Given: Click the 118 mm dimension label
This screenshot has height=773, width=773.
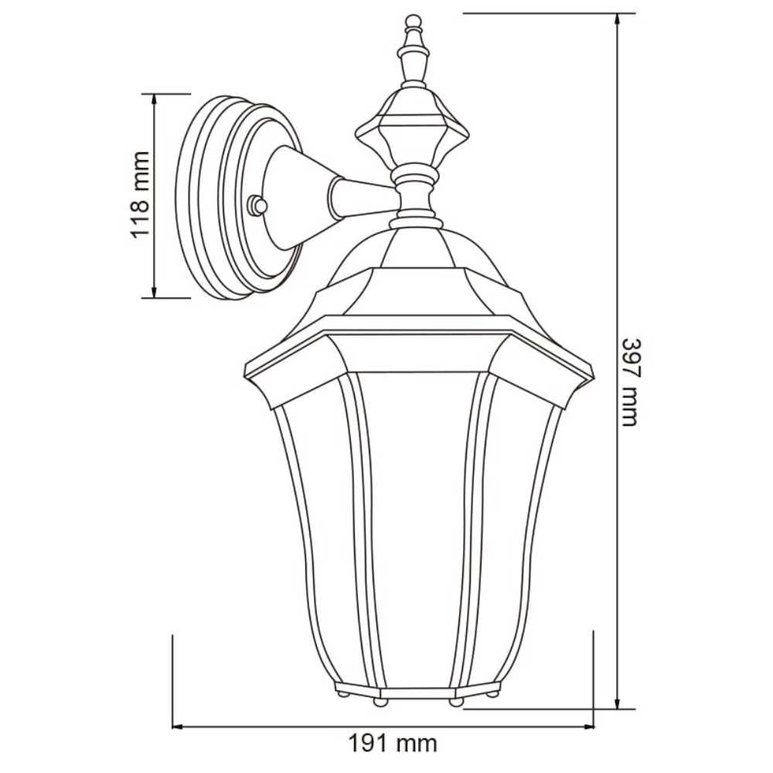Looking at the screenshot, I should click(139, 195).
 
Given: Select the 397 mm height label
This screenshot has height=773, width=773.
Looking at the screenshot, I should click(630, 382).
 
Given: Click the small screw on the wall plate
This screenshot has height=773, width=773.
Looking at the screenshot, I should click(257, 206).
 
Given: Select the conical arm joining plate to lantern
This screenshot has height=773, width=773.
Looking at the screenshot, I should click(309, 197).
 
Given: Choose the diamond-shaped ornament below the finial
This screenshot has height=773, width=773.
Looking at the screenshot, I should click(413, 128).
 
